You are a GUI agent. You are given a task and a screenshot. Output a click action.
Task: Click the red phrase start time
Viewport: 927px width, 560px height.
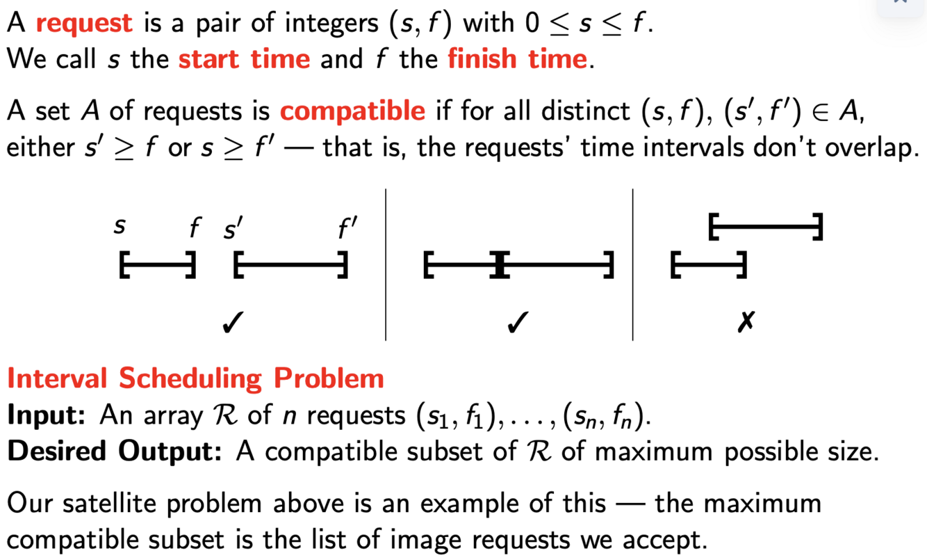click(244, 58)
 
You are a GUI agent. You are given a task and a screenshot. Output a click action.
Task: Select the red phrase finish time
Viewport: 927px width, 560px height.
click(517, 58)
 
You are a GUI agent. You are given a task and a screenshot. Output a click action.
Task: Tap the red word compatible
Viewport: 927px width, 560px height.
click(352, 111)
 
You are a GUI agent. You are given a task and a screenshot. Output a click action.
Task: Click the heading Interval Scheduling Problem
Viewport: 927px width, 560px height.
click(195, 378)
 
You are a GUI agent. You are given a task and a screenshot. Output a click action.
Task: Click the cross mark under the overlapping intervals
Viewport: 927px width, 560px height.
click(746, 322)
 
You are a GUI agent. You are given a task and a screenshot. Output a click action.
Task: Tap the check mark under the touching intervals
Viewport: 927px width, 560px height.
click(515, 322)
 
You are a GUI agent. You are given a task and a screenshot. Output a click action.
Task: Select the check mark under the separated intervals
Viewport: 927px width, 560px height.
click(232, 322)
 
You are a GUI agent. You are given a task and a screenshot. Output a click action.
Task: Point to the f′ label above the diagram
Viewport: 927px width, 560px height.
click(347, 227)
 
